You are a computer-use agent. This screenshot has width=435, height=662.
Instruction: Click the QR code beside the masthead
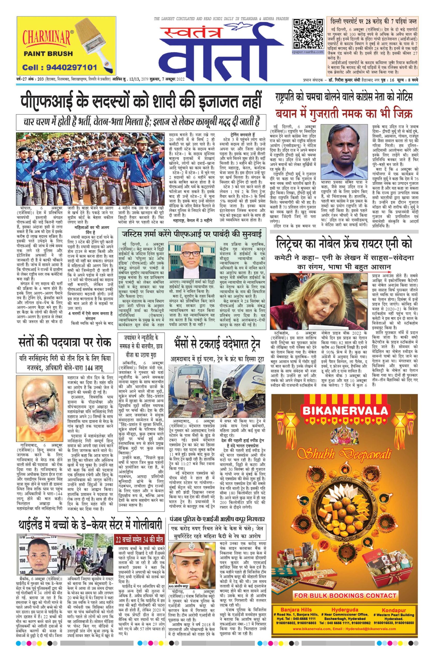tap(308, 34)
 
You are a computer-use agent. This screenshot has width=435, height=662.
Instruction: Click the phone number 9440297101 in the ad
tap(59, 67)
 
